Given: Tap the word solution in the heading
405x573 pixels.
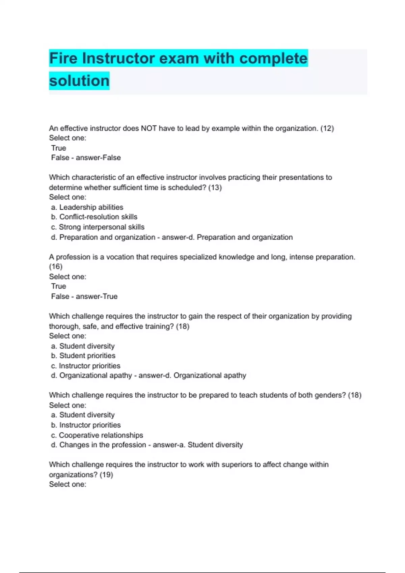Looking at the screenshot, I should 79,81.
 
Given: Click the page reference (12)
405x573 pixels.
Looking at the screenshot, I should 327,128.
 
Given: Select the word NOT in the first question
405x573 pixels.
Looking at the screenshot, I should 148,128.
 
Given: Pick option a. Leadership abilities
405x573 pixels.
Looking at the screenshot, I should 87,207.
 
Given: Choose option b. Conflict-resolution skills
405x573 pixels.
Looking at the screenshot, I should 94,217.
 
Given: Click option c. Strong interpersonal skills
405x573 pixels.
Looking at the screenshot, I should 98,227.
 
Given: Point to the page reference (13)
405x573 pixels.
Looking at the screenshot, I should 215,188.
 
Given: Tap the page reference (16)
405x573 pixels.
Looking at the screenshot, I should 56,267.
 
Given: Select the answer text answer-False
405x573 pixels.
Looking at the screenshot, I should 98,158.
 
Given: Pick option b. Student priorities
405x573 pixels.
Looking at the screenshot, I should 83,356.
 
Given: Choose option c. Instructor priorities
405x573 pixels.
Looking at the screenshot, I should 86,366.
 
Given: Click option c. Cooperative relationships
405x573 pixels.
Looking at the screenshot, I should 97,435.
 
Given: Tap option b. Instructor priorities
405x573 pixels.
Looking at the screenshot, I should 86,425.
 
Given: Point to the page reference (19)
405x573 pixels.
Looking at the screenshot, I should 106,475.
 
